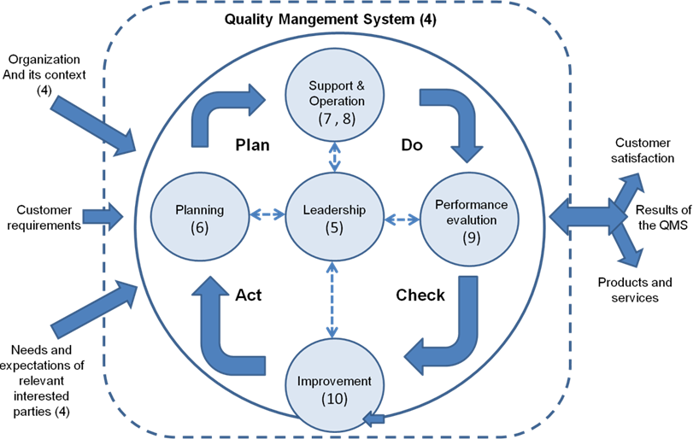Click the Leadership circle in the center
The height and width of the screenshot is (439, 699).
(332, 219)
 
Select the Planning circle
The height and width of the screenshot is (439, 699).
(199, 219)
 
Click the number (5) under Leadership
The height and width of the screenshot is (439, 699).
(332, 228)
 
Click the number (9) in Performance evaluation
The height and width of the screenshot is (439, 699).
(471, 238)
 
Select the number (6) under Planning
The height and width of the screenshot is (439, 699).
(199, 228)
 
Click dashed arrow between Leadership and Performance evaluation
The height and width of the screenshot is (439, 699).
(402, 219)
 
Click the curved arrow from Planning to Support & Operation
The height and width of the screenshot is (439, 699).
(219, 107)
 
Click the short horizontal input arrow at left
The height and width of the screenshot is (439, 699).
(101, 217)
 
